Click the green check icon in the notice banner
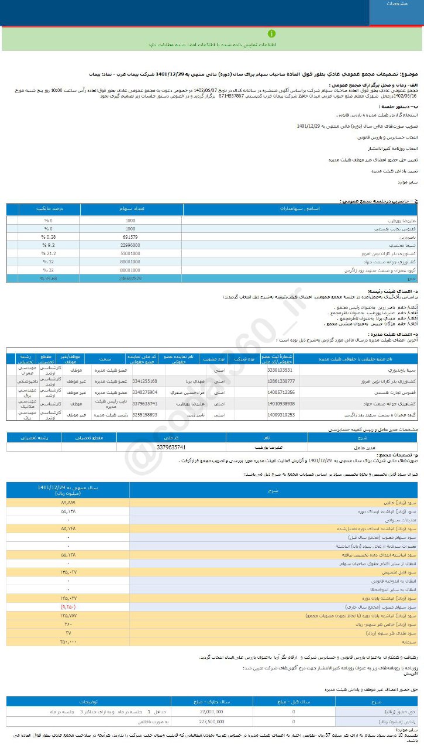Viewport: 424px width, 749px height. click(271, 33)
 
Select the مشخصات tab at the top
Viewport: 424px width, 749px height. click(397, 4)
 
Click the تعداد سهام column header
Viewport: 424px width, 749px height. click(132, 208)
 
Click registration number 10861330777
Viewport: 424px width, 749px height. click(281, 381)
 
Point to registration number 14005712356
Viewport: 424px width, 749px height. click(281, 392)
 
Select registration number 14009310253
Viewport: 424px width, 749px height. click(281, 414)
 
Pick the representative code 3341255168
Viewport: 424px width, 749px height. click(145, 381)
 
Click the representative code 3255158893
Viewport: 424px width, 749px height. click(145, 414)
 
